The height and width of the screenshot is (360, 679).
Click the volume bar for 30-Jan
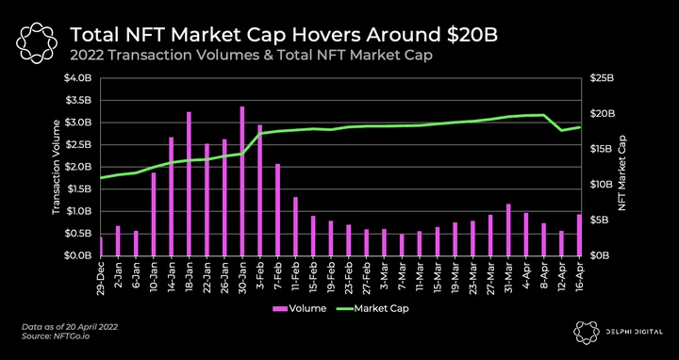242,181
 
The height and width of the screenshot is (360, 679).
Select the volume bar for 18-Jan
190,184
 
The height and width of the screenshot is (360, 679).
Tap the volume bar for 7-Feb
278,210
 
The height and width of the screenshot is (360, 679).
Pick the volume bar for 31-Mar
509,230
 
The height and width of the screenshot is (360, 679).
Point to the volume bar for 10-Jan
154,214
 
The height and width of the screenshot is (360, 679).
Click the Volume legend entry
299,308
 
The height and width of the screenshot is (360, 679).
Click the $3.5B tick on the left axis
79,101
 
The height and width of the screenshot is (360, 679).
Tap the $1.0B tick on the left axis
79,212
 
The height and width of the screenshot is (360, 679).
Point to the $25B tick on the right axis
602,78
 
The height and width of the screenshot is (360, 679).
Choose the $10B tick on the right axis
602,185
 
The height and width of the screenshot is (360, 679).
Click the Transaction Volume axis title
56,167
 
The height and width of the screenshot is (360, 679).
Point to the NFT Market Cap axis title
622,172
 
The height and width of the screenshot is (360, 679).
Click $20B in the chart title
472,35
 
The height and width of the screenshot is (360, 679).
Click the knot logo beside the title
36,41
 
